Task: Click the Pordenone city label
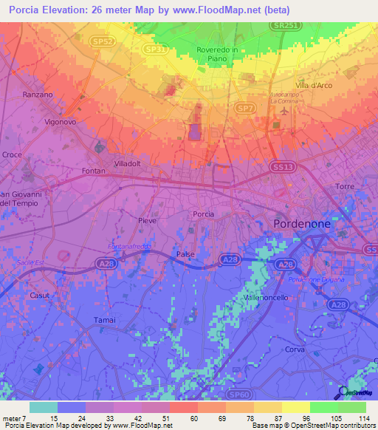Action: click(305, 222)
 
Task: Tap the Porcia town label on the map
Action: click(203, 214)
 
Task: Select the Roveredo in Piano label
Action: click(217, 53)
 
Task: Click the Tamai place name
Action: click(105, 319)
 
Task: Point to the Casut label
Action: click(39, 294)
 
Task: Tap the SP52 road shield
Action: click(102, 41)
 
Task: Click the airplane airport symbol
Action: click(286, 111)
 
